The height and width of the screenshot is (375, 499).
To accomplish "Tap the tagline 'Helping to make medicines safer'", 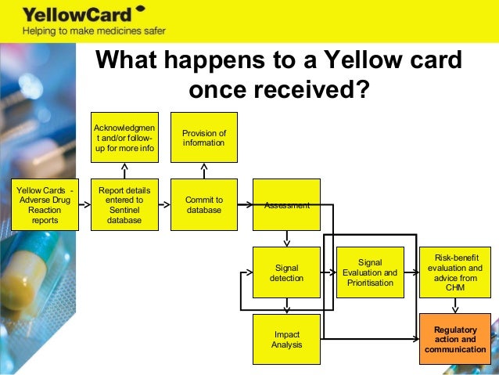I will coord(94,32).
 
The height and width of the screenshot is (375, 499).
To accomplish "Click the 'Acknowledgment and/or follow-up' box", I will coord(124,138).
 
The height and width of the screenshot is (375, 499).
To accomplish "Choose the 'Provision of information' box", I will coord(203,138).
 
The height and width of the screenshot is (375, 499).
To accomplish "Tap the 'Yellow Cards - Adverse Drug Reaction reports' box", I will coord(45,205).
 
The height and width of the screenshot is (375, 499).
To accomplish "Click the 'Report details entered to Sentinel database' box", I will coord(124,205).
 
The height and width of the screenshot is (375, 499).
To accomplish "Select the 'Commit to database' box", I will coord(203,205).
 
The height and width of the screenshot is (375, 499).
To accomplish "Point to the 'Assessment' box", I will coord(286,205).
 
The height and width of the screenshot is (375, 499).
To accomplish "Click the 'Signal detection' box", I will coord(286,272).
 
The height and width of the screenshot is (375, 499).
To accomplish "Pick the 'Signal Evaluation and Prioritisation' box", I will coord(369,272).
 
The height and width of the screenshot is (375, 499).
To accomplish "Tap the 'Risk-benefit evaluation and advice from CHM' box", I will coord(455,272).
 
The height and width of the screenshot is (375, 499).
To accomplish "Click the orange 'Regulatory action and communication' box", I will coord(455,339).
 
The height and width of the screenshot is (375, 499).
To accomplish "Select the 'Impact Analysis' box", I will coord(286,339).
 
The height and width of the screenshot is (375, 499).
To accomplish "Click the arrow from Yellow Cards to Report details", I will coord(84,205).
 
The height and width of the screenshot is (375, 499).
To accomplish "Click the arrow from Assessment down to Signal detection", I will coord(287,238).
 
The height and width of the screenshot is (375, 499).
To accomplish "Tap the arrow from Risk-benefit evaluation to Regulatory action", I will coord(455,305).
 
